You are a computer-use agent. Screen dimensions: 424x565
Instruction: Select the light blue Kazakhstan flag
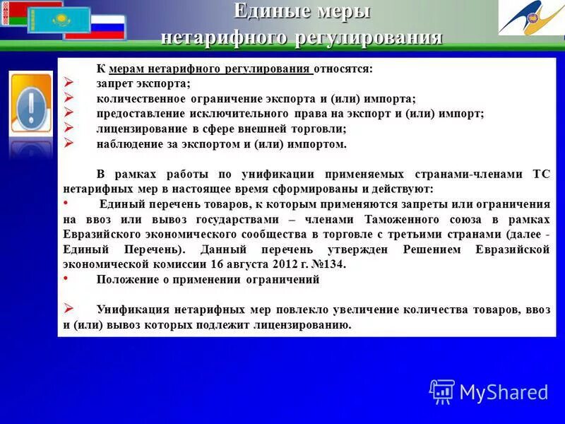(x=59, y=20)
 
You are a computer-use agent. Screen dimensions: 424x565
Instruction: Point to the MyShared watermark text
(x=504, y=391)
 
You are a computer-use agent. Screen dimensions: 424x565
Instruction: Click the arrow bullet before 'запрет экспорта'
(x=69, y=84)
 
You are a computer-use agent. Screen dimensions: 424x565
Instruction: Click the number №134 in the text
(x=328, y=264)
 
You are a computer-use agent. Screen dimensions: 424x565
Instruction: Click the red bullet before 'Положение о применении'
(x=67, y=278)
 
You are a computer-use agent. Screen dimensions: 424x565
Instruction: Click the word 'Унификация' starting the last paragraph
(x=130, y=310)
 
